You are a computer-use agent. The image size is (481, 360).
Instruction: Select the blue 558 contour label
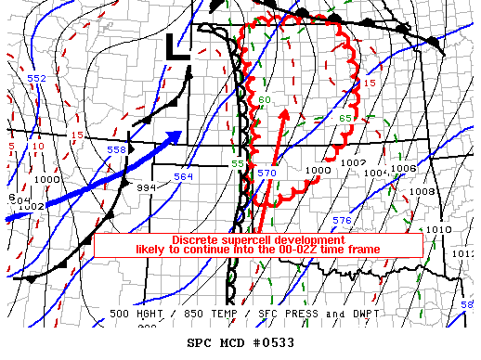click(x=117, y=149)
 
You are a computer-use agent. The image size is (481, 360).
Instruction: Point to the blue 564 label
click(x=183, y=176)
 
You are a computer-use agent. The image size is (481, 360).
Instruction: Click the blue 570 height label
click(x=267, y=173)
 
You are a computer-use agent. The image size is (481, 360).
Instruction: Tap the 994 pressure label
click(x=146, y=186)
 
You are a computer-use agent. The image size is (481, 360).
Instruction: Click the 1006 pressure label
click(x=404, y=169)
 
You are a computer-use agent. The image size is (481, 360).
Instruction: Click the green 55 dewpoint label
click(x=238, y=164)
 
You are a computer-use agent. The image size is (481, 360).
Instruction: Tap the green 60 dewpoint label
click(x=265, y=100)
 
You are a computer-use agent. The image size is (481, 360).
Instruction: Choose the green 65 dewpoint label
click(x=344, y=118)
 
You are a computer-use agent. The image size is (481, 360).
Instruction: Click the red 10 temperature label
click(x=37, y=147)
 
